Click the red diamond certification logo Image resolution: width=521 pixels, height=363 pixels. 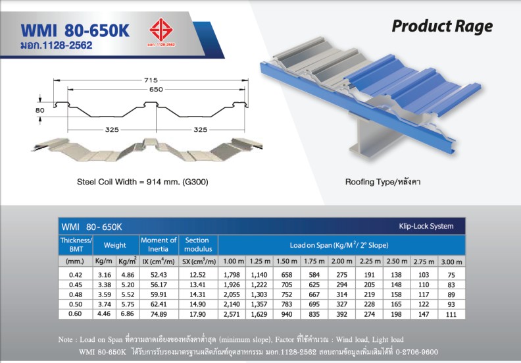point(161,30)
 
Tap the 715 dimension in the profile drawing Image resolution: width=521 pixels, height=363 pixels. point(151,80)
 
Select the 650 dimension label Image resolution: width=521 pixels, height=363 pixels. point(156,89)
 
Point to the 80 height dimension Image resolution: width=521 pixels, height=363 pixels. point(40,110)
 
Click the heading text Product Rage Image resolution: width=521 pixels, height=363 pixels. point(442,26)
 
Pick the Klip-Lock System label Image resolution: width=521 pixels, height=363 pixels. point(426,226)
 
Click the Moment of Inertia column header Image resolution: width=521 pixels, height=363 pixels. point(159,244)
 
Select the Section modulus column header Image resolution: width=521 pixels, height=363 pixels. point(198,244)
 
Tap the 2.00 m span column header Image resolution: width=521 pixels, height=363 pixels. point(341,262)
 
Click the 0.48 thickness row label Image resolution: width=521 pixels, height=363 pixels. point(76,294)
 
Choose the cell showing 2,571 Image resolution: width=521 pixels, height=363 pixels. point(232,314)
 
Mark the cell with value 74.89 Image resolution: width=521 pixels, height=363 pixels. point(159,314)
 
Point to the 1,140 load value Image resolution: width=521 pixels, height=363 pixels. point(259,275)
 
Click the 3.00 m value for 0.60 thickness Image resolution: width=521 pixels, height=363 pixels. point(451,314)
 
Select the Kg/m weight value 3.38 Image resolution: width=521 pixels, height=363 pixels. point(105,285)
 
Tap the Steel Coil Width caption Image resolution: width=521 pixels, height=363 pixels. point(143,182)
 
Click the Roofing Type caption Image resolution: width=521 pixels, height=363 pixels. point(383,182)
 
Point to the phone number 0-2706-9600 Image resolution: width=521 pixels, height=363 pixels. point(416,352)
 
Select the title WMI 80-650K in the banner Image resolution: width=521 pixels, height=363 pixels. point(75,30)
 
